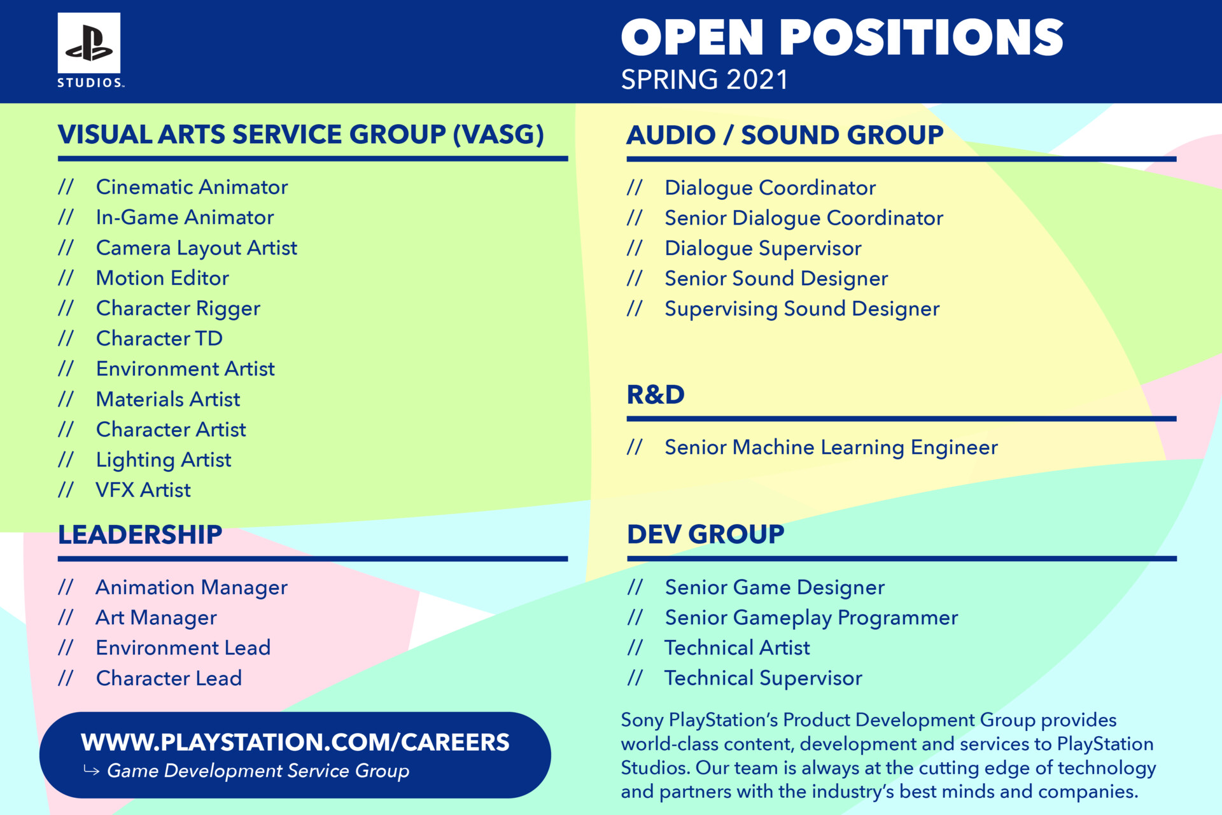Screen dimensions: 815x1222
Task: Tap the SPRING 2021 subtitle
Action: (x=705, y=80)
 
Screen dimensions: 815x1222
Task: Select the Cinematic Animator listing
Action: (x=192, y=187)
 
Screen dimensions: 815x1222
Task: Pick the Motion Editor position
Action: (x=162, y=278)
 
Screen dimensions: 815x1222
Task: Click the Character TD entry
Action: (x=159, y=338)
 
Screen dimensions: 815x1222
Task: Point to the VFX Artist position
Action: (x=143, y=490)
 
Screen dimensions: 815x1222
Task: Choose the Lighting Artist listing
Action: (x=164, y=460)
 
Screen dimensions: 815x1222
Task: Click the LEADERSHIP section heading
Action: (x=140, y=534)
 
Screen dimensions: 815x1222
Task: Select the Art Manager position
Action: (x=157, y=618)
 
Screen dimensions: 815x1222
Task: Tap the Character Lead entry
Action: (x=169, y=678)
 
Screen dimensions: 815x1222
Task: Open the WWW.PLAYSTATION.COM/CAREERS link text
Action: (x=295, y=742)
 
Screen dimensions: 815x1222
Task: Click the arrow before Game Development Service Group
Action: (x=91, y=771)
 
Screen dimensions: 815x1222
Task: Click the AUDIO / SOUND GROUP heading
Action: (x=785, y=135)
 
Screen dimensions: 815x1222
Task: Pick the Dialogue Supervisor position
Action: (x=762, y=248)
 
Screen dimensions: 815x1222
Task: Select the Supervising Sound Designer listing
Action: (x=802, y=309)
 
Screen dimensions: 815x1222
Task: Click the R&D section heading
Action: (x=656, y=394)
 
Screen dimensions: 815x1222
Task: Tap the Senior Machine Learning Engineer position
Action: (x=831, y=447)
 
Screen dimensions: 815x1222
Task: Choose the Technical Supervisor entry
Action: (x=763, y=678)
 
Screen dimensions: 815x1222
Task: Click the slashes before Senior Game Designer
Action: (x=635, y=587)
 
